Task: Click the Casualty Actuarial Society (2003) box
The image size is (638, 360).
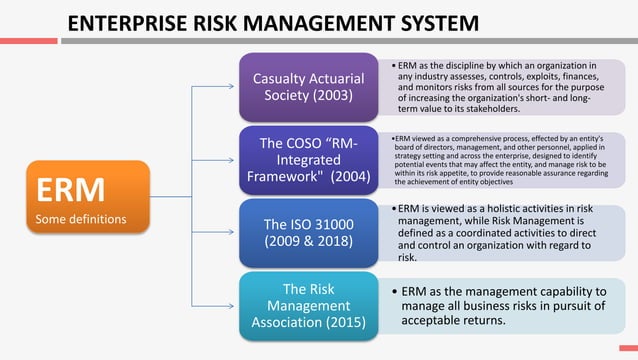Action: click(308, 87)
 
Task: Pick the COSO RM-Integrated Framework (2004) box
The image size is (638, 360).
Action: click(308, 160)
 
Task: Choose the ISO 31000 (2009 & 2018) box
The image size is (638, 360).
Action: click(308, 232)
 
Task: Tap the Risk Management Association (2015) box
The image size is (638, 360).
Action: click(308, 305)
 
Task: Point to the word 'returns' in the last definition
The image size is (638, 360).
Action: click(482, 321)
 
